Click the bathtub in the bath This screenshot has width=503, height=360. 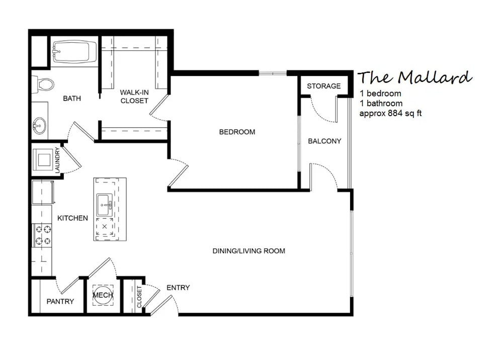coord(74,52)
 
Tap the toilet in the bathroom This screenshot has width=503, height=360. coord(43,84)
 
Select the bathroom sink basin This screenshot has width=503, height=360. coord(39,124)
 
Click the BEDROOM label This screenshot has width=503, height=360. coord(237,132)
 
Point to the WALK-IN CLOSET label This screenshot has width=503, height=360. coord(134,97)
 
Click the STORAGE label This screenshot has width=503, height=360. coord(324,86)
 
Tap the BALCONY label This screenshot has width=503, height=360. coord(324,141)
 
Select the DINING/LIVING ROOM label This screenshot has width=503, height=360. coord(248,250)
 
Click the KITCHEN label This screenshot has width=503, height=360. coord(72,218)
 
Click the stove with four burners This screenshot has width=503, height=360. coord(42,235)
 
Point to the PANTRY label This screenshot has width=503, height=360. coord(60,302)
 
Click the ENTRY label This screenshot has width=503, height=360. coord(178,288)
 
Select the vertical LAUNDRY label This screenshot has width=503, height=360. coord(57,160)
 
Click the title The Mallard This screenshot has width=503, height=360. coord(415,77)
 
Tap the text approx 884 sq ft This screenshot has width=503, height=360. coord(390,113)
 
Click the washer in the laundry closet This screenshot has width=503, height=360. coord(42,159)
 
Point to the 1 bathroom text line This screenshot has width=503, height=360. coord(381,104)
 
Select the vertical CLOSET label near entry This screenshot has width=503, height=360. coord(139,297)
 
